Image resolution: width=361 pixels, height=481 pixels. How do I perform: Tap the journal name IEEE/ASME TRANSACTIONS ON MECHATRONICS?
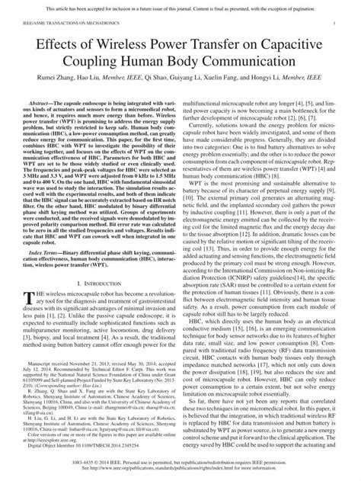[x=61, y=25]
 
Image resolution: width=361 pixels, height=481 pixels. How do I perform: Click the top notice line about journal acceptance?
[x=180, y=7]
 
